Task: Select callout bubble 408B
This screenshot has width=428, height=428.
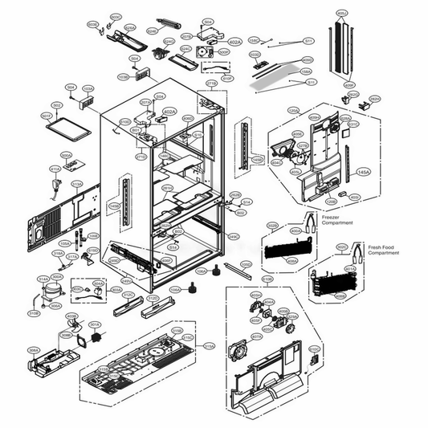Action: pyautogui.click(x=340, y=296)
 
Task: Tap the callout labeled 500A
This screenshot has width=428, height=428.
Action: pyautogui.click(x=67, y=156)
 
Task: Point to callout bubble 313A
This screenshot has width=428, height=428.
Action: pyautogui.click(x=77, y=183)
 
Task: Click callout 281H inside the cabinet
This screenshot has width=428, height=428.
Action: pyautogui.click(x=167, y=188)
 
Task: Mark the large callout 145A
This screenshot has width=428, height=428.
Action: pyautogui.click(x=363, y=173)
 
